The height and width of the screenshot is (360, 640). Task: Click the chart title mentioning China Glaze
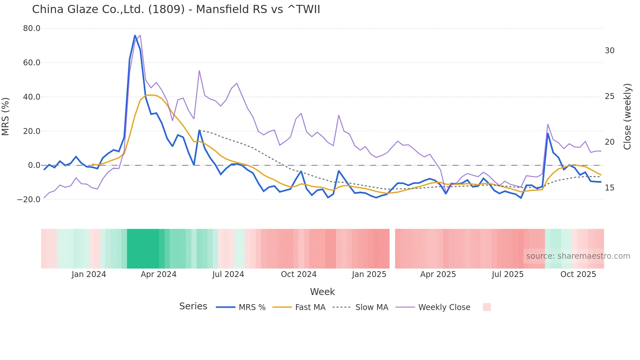point(176,9)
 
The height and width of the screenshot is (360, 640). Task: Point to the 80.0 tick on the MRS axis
point(32,28)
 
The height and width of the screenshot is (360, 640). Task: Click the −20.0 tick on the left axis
point(29,199)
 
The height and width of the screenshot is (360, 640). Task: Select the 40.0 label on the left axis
point(32,97)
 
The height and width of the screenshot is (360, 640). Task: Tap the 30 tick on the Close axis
point(609,51)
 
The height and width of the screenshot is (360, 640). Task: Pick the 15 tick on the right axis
point(609,188)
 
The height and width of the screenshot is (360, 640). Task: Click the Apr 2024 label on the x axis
point(158,274)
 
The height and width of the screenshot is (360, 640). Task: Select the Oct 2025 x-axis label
point(578,274)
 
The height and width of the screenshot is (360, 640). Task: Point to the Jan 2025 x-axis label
point(369,274)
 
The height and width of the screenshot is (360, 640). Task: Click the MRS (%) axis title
point(6,116)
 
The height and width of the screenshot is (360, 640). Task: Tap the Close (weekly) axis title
point(627,116)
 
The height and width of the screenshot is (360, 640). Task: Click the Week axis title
point(322,292)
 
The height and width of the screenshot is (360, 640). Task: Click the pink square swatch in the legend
point(487,307)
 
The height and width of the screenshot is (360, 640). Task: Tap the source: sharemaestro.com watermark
point(578,256)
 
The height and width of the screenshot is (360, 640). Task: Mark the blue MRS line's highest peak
point(135,35)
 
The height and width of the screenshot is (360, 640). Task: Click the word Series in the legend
point(193,306)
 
